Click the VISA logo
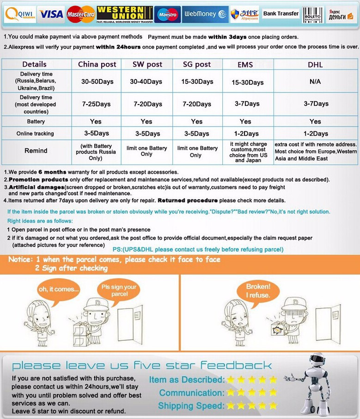(x=51, y=14)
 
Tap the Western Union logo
(x=125, y=14)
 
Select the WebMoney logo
(x=205, y=14)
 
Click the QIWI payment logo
(x=19, y=14)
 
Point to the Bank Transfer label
(x=281, y=14)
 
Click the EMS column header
(x=245, y=65)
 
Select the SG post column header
(x=196, y=64)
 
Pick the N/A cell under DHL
(x=315, y=81)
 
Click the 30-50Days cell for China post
(x=97, y=81)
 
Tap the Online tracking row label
(x=35, y=134)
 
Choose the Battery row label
(x=36, y=122)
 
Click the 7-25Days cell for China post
(x=97, y=104)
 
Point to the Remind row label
(x=36, y=151)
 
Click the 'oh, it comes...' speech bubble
(x=58, y=290)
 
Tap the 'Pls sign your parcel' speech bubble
(x=119, y=290)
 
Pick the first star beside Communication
(x=229, y=393)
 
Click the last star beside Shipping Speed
(x=273, y=406)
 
